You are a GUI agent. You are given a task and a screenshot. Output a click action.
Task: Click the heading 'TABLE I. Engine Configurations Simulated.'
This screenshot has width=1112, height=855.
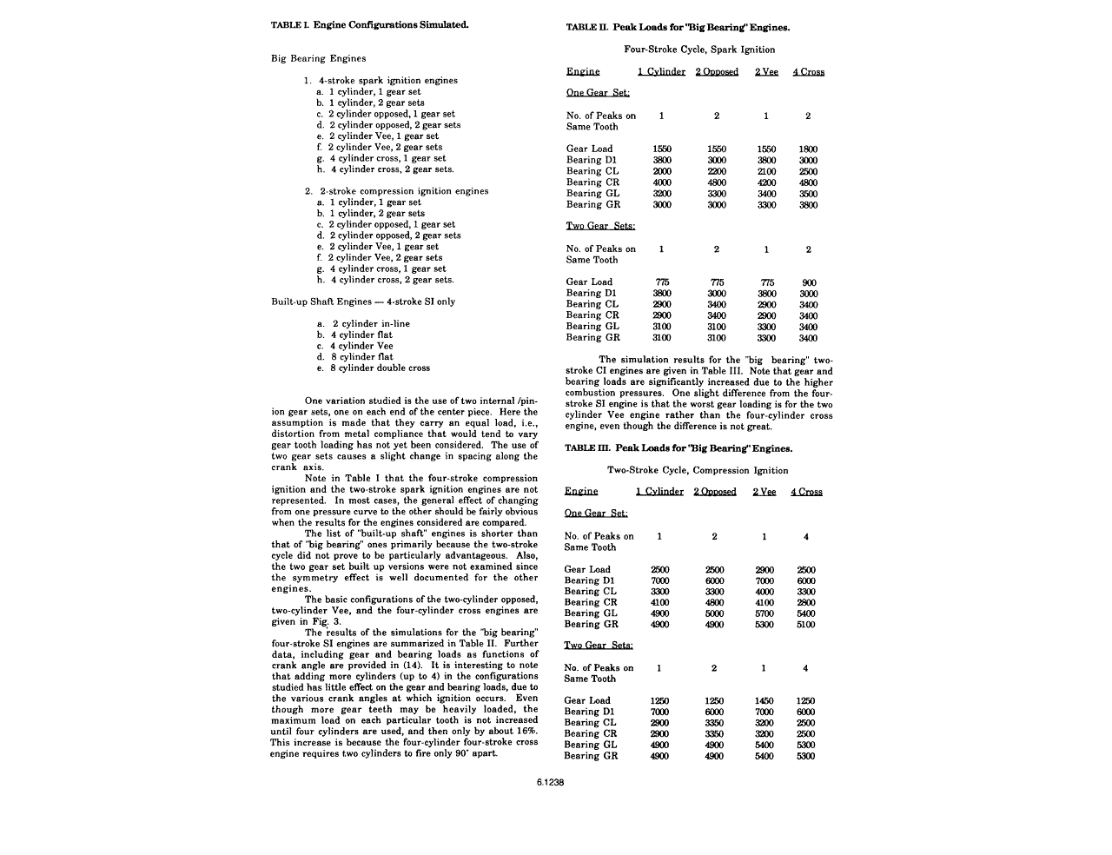tap(370, 25)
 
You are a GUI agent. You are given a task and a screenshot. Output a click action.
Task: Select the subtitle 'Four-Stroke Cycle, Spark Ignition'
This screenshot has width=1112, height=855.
tap(699, 50)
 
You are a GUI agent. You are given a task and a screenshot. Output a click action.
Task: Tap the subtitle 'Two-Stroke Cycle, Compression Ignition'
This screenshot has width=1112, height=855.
tap(698, 470)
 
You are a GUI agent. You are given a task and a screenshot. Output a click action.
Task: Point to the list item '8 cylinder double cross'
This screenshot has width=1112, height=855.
tap(380, 368)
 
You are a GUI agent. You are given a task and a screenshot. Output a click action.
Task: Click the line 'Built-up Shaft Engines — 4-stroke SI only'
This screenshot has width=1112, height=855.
tap(363, 302)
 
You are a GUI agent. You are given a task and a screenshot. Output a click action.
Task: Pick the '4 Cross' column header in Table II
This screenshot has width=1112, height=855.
tap(808, 71)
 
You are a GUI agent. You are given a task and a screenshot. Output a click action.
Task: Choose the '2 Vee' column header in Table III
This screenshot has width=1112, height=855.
tap(764, 492)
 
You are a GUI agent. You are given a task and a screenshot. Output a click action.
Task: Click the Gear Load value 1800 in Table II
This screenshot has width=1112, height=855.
tap(808, 149)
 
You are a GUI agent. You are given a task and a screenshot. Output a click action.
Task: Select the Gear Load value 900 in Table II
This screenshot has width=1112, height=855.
tap(808, 282)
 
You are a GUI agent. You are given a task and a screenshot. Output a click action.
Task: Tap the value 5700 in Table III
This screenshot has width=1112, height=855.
tap(764, 613)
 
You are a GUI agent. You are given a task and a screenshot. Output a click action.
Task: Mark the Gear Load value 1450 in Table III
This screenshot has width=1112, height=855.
tap(764, 701)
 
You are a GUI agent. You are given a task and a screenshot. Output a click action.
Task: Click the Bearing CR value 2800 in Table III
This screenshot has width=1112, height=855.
tap(805, 602)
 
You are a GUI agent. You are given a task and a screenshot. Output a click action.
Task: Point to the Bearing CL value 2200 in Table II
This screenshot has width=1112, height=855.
tap(717, 171)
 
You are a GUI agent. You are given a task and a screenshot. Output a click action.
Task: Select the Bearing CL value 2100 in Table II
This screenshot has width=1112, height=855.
tap(766, 171)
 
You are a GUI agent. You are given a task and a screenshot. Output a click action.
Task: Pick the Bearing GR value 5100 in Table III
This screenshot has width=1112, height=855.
tap(805, 625)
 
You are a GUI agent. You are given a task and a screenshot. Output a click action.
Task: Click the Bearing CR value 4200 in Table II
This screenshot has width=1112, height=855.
tap(766, 182)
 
